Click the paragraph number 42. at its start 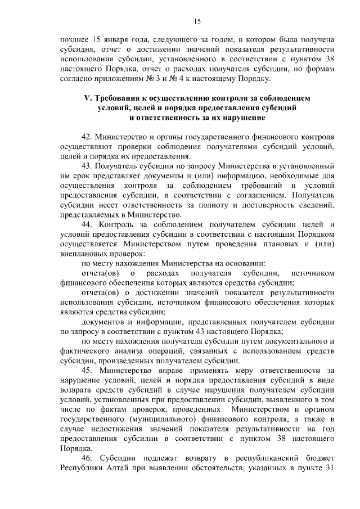click(87, 137)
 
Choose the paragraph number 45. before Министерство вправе click(88, 371)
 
